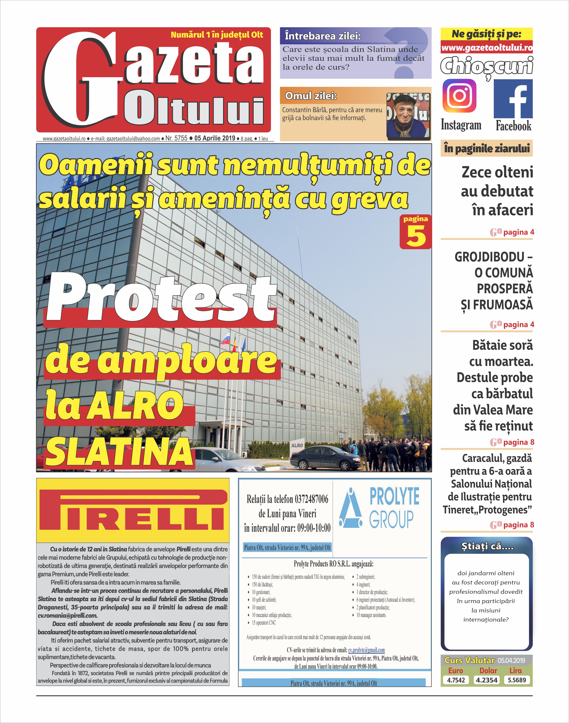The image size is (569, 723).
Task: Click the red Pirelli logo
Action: coord(133,510)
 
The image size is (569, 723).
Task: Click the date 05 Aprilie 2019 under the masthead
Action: coord(214,138)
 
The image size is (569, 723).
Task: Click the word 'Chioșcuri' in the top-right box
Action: coord(486,66)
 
